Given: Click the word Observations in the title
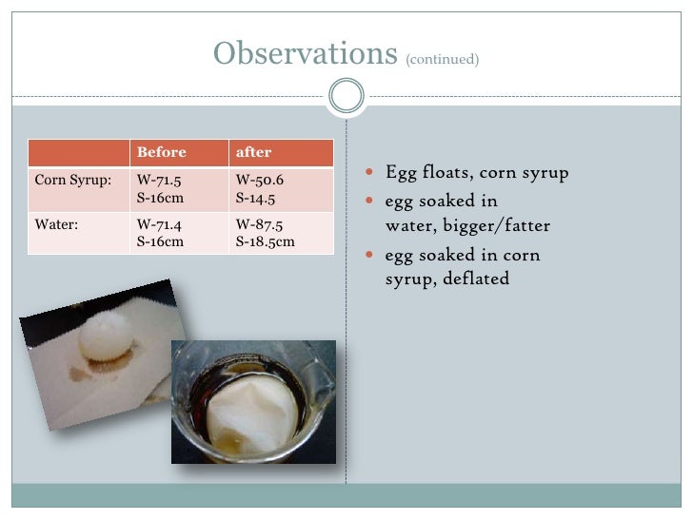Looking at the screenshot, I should point(305,54).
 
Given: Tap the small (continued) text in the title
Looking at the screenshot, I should point(442,59).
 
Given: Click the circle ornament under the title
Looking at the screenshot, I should point(346,95).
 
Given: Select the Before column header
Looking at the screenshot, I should point(162,152).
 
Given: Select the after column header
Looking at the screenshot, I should point(253,152).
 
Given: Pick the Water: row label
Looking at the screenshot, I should point(56,226).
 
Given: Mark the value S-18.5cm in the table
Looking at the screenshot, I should point(265,241).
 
